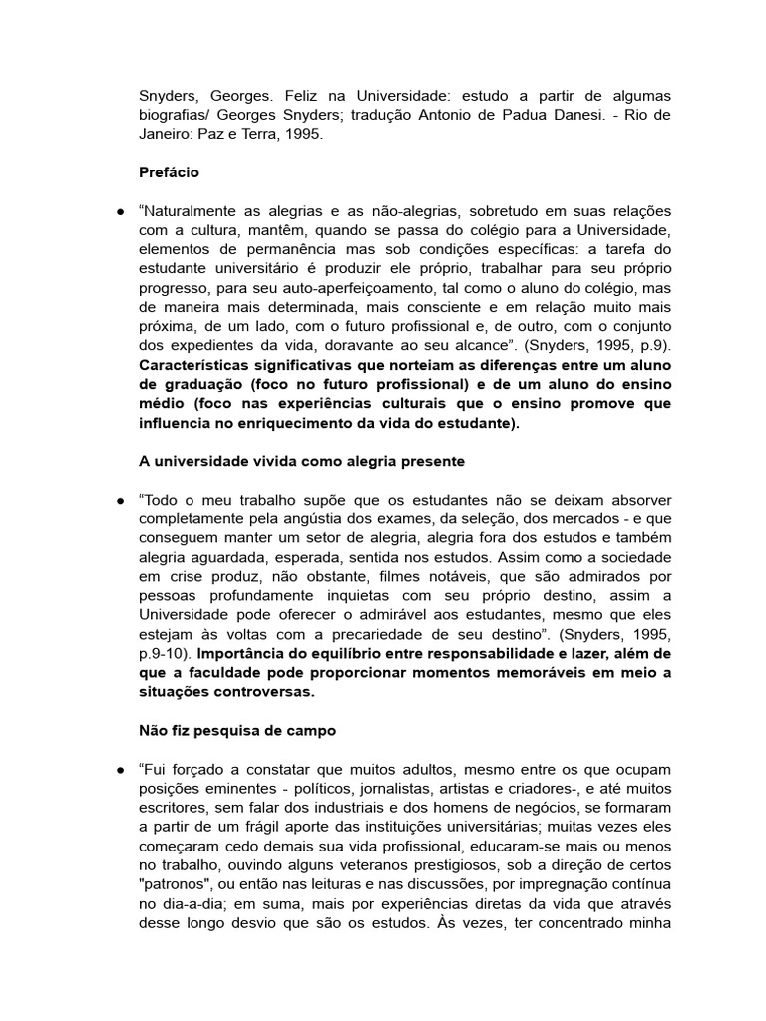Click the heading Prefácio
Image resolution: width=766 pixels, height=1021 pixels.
coord(169,172)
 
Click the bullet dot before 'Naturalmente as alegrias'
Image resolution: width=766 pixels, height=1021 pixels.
coord(119,211)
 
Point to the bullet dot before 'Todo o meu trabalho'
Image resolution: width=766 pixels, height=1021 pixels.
coord(119,500)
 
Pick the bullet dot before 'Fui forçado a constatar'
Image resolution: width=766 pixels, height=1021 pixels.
coord(119,769)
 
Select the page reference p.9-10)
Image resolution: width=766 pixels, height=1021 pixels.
coord(167,653)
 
